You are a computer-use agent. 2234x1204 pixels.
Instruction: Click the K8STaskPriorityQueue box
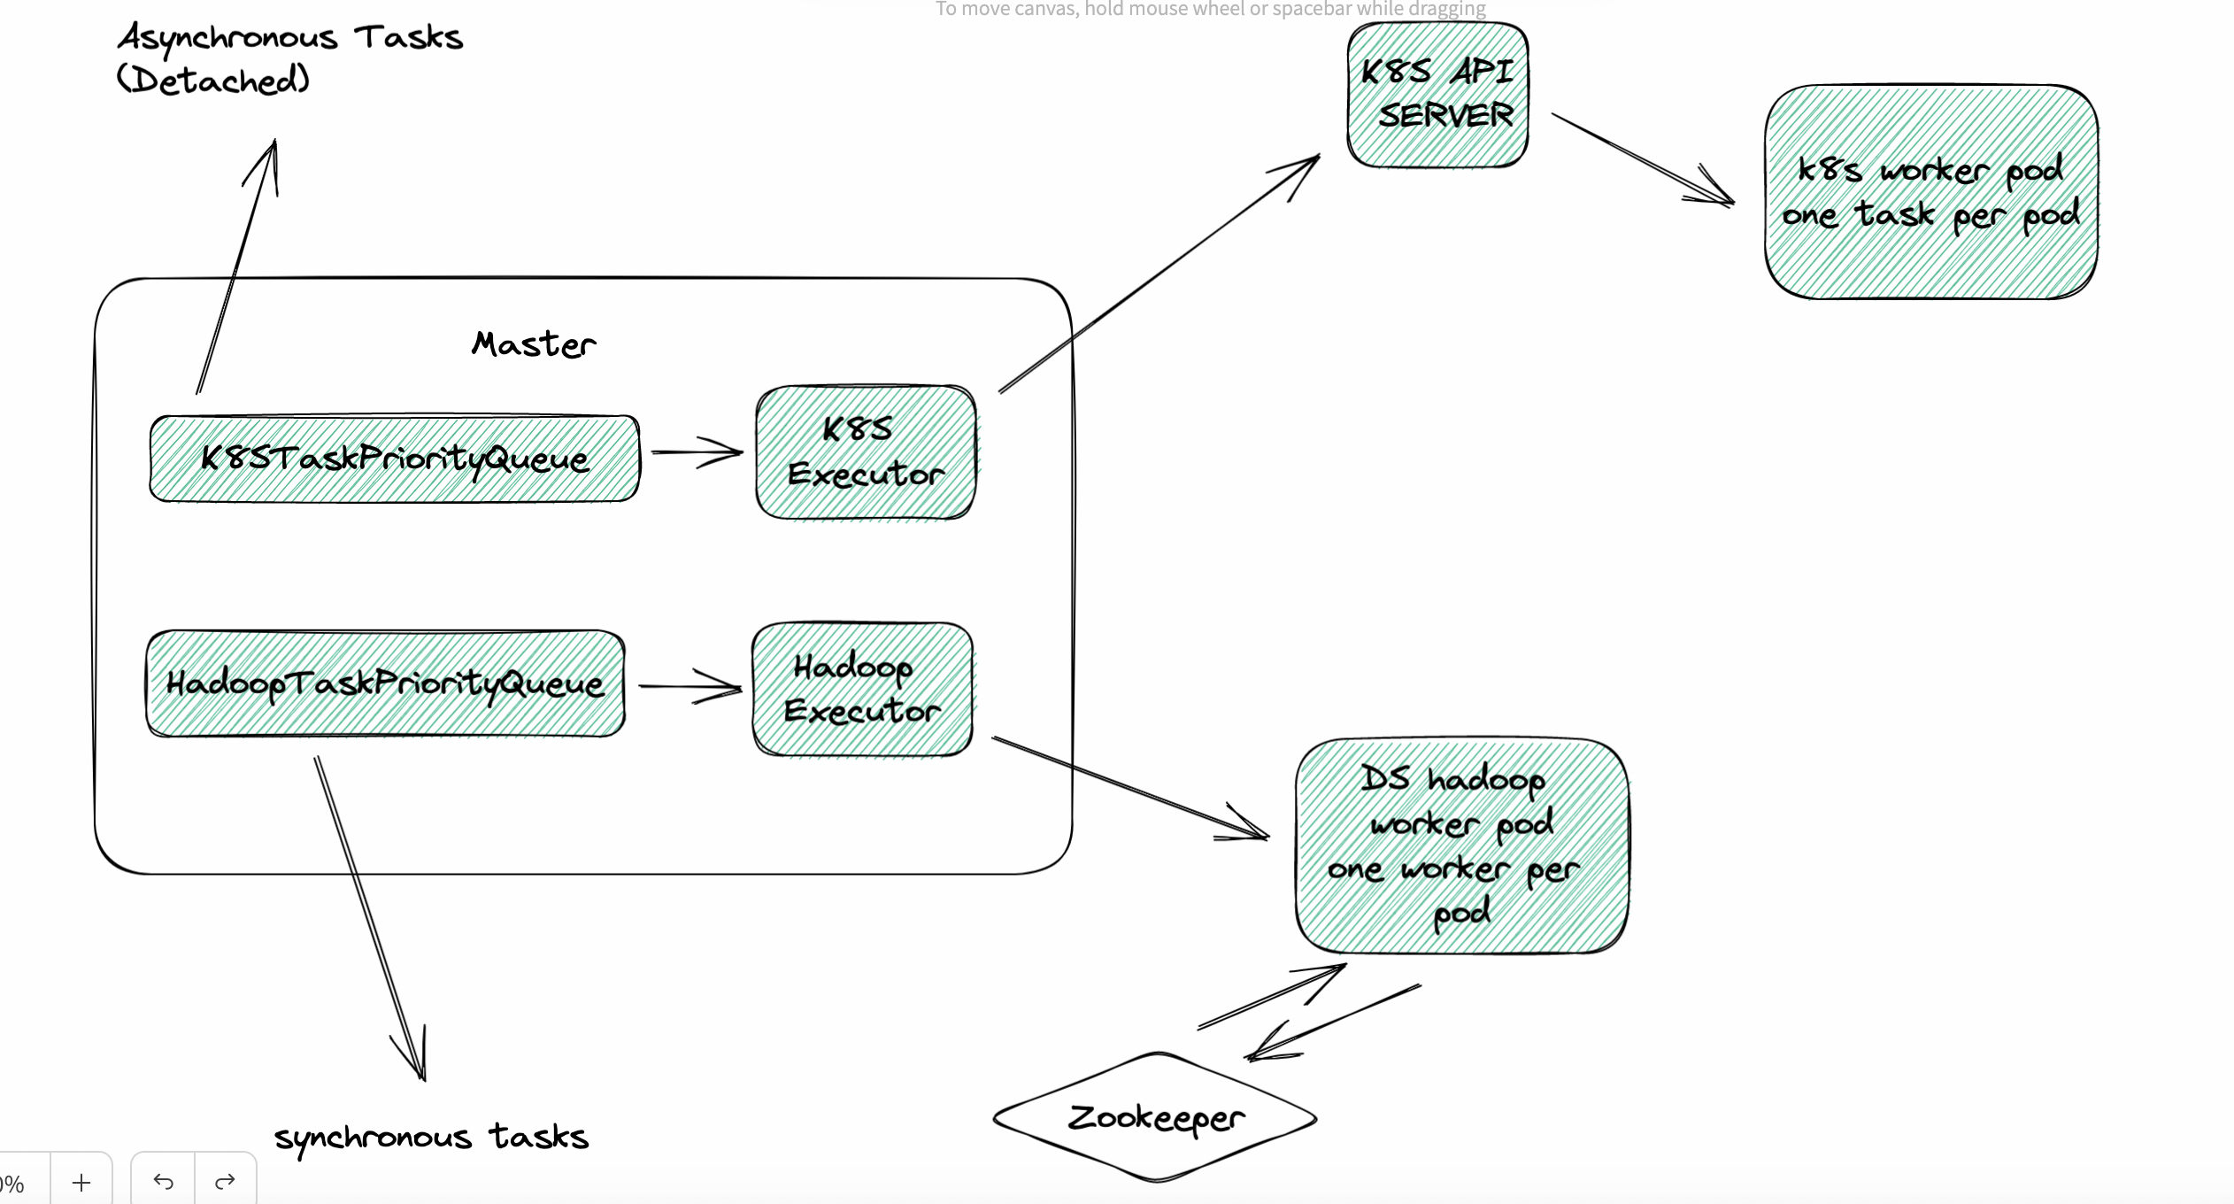394,459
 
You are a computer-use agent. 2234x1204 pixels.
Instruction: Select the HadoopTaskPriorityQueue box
385,683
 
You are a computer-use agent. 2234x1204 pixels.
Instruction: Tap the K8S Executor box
866,452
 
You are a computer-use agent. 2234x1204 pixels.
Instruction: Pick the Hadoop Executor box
862,690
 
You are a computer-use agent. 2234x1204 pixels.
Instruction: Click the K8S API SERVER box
1437,95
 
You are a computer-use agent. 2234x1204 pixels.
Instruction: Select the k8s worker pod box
1930,192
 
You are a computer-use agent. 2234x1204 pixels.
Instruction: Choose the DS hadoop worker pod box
1460,846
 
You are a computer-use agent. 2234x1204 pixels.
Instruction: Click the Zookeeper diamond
1155,1117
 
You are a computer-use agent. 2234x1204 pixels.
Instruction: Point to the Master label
534,344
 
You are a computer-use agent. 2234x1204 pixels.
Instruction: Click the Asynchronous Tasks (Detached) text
289,58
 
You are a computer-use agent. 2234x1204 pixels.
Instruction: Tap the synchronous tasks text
431,1137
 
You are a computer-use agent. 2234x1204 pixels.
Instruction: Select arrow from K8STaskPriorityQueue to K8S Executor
696,452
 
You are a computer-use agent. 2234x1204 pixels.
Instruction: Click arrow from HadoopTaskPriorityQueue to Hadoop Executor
689,686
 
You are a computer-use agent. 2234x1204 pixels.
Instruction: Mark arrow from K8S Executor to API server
1159,273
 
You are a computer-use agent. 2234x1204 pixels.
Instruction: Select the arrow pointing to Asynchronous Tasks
237,266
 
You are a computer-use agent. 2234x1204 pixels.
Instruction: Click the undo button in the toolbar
163,1181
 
